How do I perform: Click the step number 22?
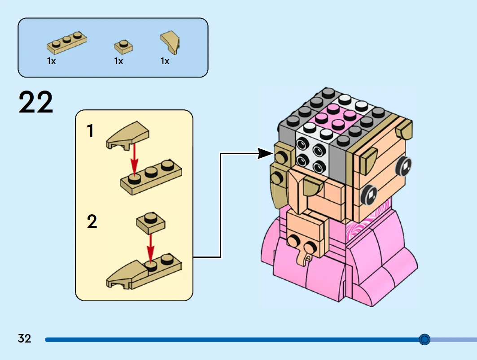point(36,103)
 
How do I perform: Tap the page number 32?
point(25,338)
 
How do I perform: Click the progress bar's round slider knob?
point(424,339)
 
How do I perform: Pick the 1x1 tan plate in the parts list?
point(123,46)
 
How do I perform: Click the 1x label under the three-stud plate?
point(51,61)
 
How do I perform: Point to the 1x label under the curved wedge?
point(165,61)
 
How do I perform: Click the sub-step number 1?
point(91,131)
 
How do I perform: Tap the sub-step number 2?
point(92,221)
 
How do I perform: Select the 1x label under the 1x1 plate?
point(118,61)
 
